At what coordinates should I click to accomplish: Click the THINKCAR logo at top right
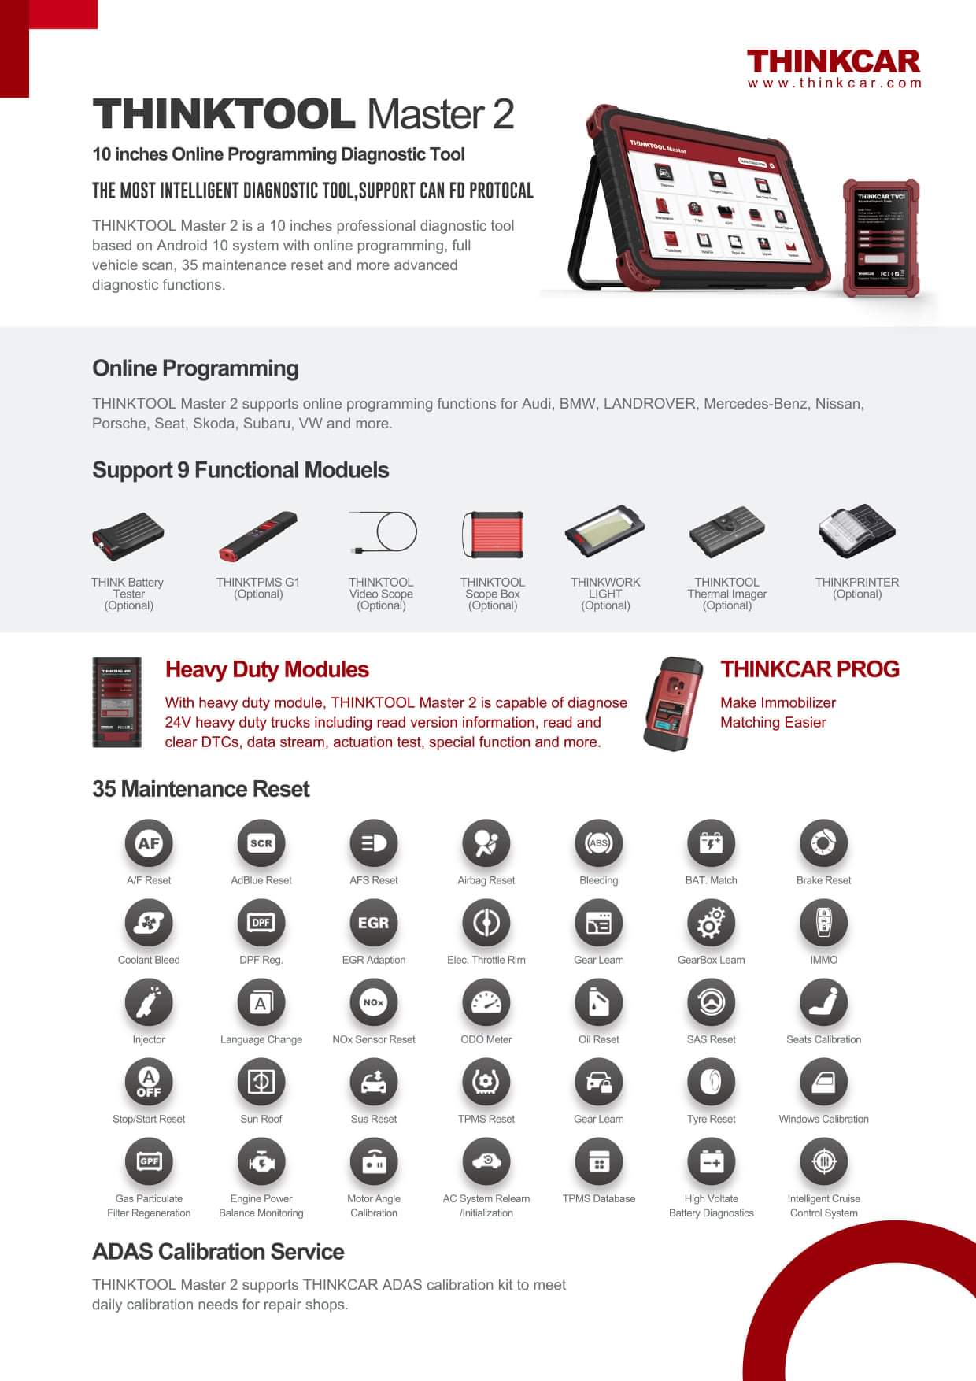[x=833, y=61]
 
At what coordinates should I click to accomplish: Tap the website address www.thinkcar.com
[x=834, y=83]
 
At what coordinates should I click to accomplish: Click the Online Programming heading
[x=195, y=368]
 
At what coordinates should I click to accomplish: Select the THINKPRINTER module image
[x=856, y=532]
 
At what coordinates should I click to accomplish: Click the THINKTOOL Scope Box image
[x=493, y=535]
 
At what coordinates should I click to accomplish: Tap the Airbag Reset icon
[x=486, y=843]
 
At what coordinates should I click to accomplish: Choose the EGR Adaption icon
[x=373, y=923]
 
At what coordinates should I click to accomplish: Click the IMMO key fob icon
[x=823, y=923]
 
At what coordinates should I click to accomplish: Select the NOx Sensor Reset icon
[x=373, y=1002]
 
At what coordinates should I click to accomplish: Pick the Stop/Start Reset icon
[x=149, y=1082]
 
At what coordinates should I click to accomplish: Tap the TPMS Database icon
[x=598, y=1161]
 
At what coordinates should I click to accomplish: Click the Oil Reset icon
[x=598, y=1002]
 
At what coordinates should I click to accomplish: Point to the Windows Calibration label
[x=823, y=1119]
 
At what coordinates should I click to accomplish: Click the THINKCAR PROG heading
[x=810, y=669]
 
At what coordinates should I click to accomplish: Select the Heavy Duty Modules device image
[x=117, y=702]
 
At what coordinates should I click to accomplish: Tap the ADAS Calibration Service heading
[x=218, y=1252]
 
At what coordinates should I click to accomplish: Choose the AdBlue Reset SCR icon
[x=261, y=843]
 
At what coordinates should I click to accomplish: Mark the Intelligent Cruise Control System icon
[x=823, y=1161]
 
